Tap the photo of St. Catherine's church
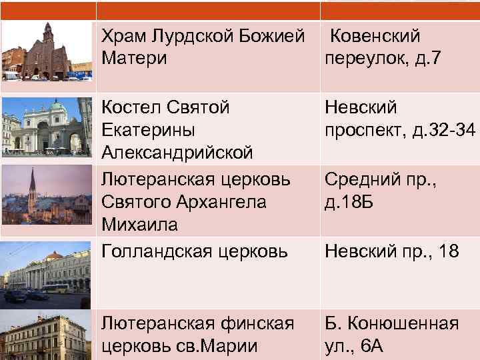[47, 127]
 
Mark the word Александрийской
[177, 153]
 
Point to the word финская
[253, 324]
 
